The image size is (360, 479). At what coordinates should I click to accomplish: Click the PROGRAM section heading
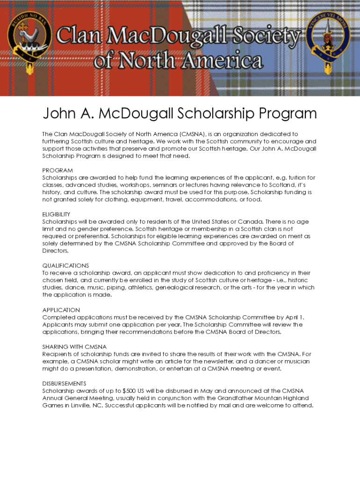[58, 170]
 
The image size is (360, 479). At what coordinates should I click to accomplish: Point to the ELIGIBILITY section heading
[56, 214]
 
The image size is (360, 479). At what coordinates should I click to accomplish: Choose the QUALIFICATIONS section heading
[65, 266]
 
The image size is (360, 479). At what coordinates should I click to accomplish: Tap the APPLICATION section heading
[61, 310]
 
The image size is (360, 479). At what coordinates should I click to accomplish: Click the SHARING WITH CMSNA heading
[74, 347]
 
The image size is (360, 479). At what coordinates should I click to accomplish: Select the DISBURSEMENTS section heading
[64, 384]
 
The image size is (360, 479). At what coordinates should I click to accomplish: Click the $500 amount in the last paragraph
[130, 391]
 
